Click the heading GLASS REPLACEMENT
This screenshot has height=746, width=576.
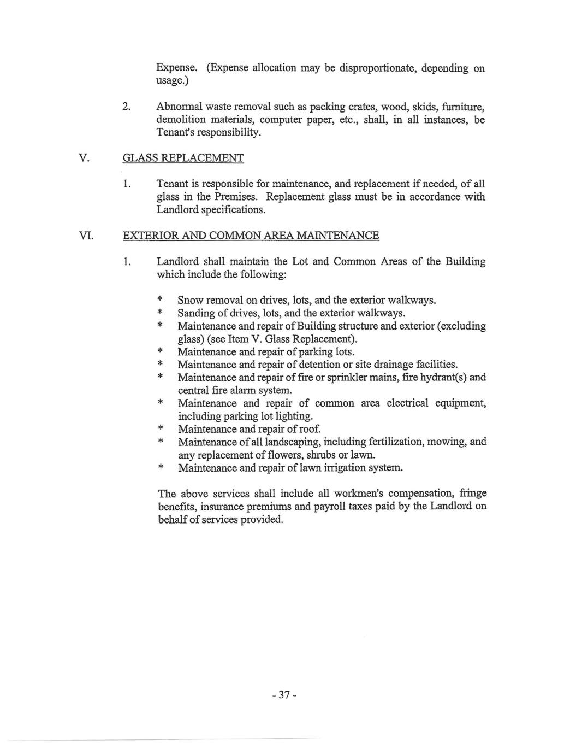tap(183, 158)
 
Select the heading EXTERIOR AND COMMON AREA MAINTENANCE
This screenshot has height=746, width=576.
tap(251, 236)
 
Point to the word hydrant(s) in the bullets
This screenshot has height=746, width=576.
tap(440, 377)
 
